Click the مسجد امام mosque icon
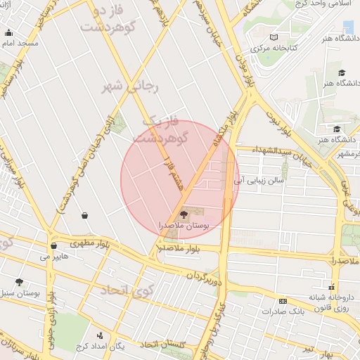point(8,32)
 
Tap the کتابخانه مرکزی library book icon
point(274,37)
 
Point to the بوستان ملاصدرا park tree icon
point(184,214)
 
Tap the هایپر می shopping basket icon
point(54,246)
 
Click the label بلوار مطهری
point(89,244)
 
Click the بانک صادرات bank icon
point(283,300)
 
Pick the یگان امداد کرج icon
point(100,335)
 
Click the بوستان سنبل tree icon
point(19,282)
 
